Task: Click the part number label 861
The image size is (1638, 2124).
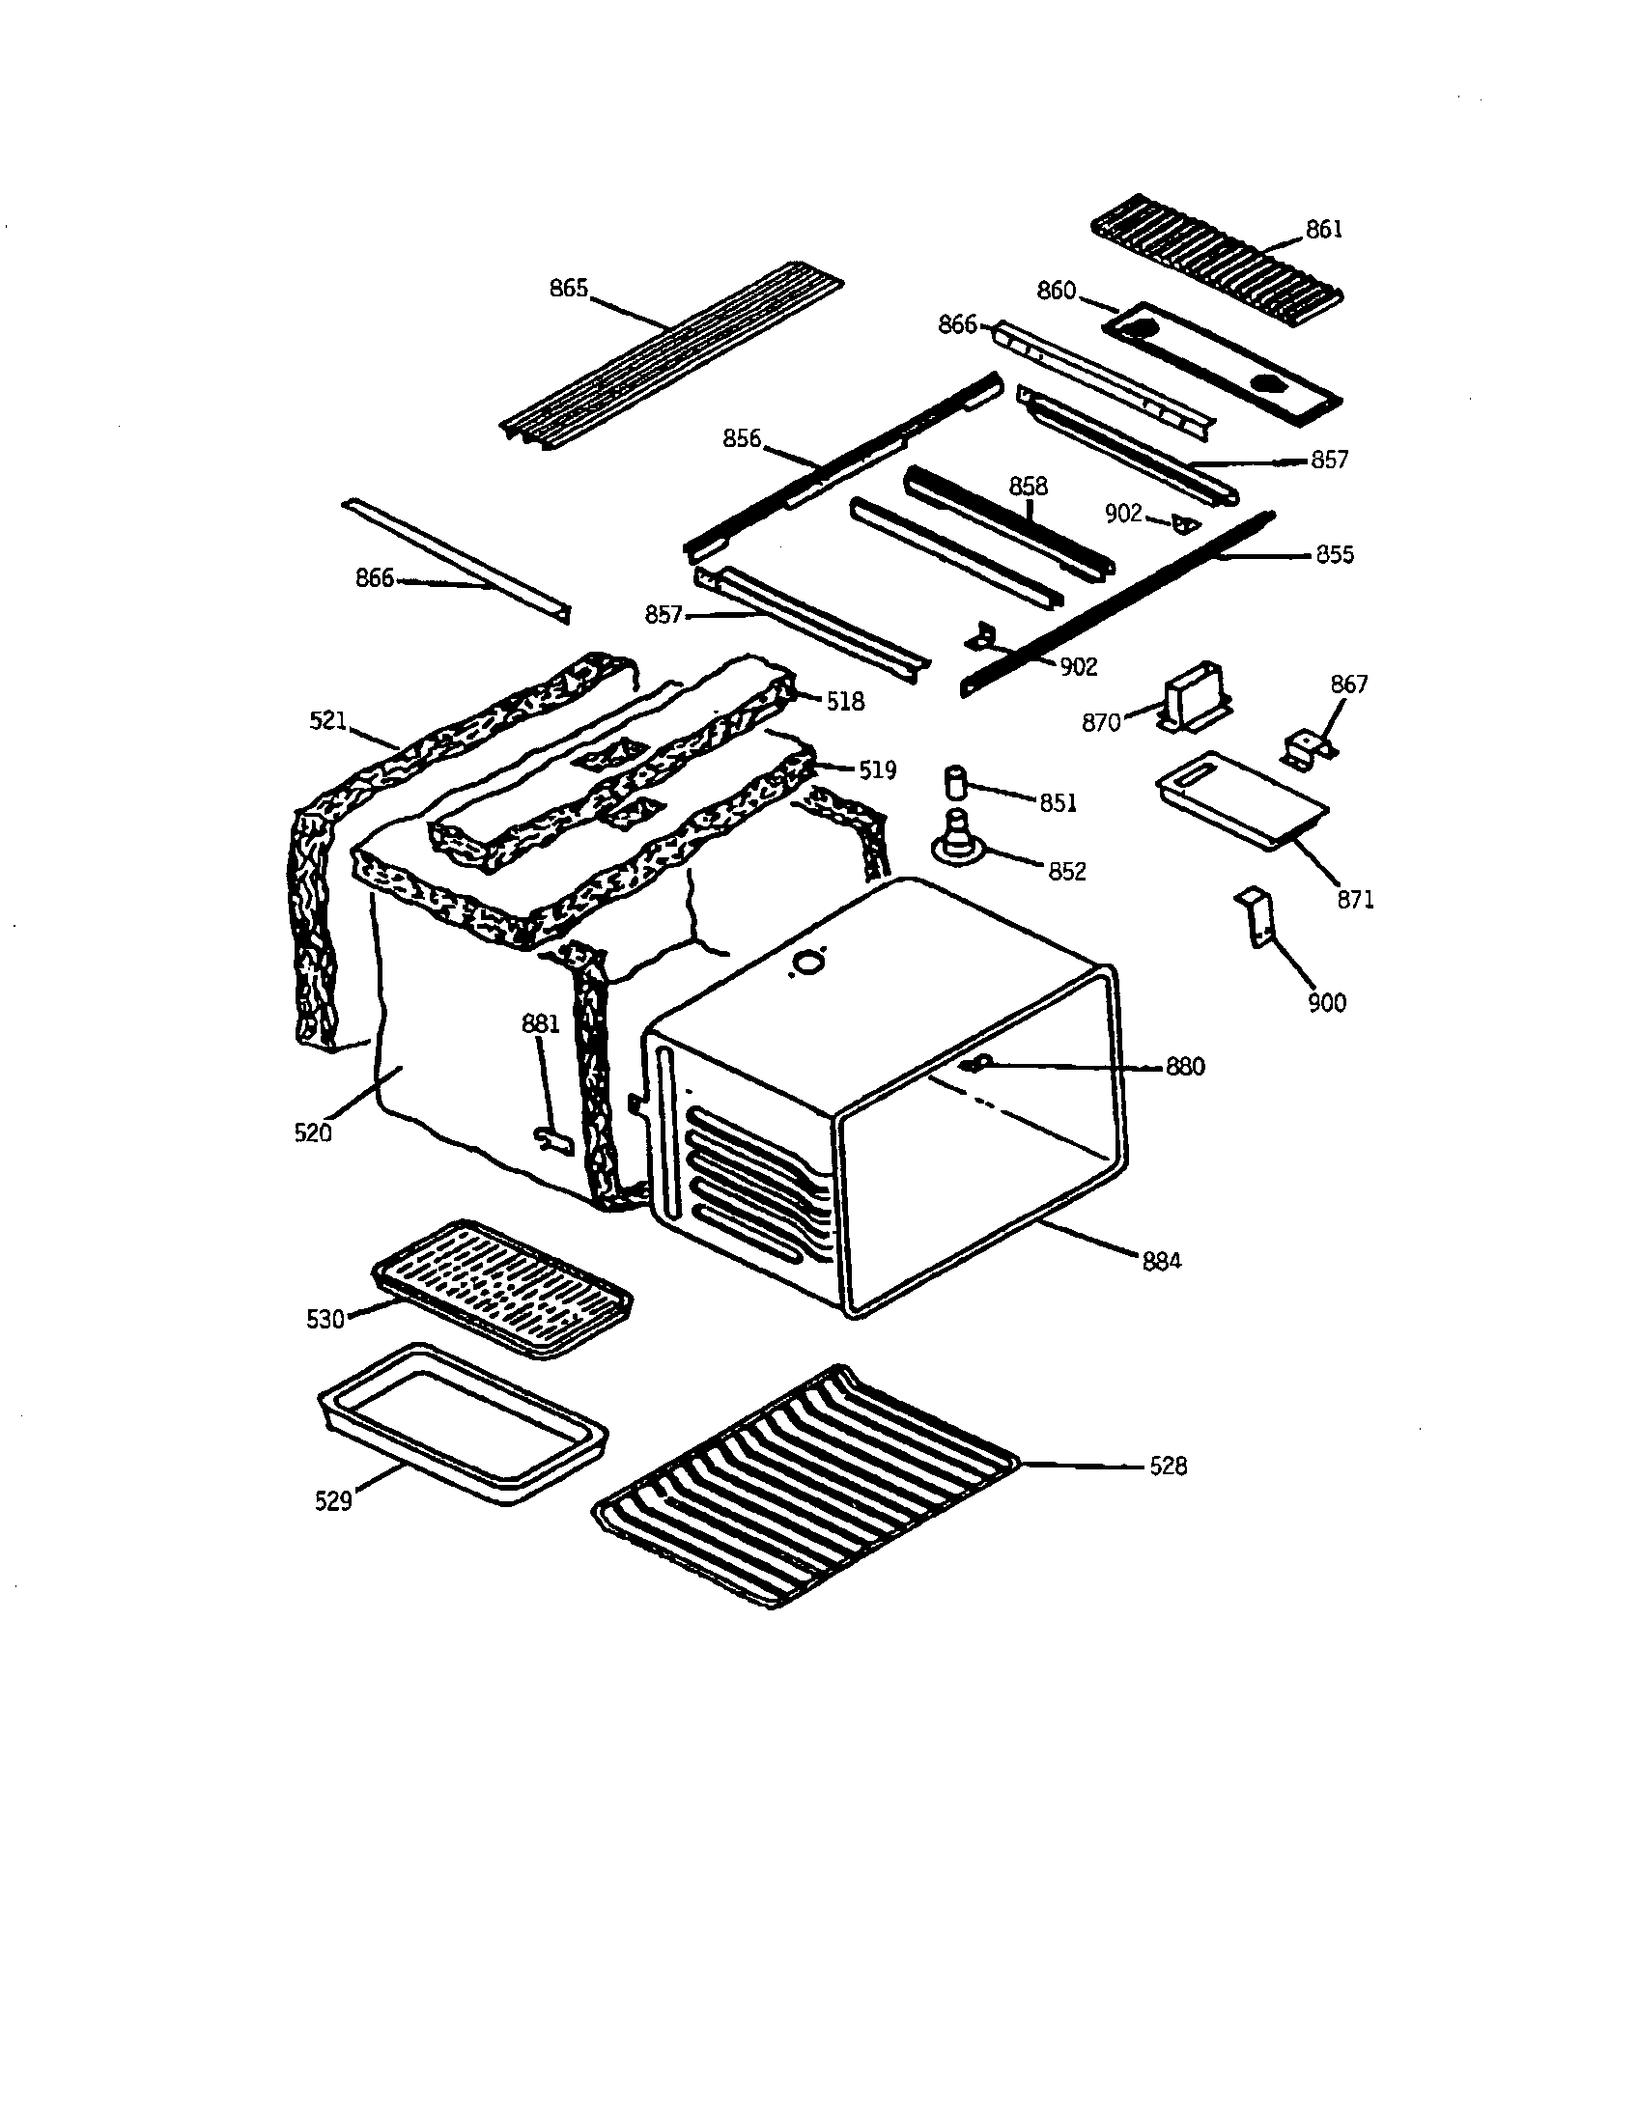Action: pyautogui.click(x=1323, y=230)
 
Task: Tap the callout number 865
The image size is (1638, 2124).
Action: pyautogui.click(x=568, y=289)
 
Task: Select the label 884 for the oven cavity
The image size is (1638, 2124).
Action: pyautogui.click(x=1162, y=1262)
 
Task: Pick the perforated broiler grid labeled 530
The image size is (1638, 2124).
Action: pyautogui.click(x=502, y=1288)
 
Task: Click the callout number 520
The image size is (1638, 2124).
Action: pyautogui.click(x=312, y=1133)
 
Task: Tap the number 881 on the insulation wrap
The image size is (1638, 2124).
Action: pyautogui.click(x=541, y=1023)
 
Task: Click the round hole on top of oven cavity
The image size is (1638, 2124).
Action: pyautogui.click(x=805, y=963)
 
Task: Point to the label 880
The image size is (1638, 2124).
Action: pyautogui.click(x=1185, y=1067)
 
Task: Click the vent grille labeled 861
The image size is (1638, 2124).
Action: pyautogui.click(x=1216, y=248)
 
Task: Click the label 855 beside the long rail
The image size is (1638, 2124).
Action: pyautogui.click(x=1334, y=555)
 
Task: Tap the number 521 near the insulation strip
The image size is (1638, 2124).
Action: pyautogui.click(x=327, y=720)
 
